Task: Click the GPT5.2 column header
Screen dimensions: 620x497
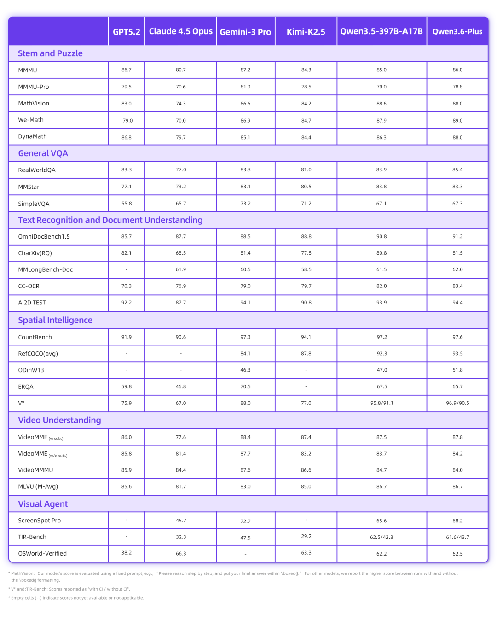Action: (x=127, y=32)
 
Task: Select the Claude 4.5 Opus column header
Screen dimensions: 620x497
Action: (x=181, y=31)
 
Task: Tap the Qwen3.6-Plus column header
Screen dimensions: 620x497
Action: (x=457, y=32)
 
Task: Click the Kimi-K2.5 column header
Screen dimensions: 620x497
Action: (x=306, y=32)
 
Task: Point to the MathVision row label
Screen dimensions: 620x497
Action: (x=34, y=104)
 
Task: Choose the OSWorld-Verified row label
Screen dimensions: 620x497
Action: (x=42, y=554)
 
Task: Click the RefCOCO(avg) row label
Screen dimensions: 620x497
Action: (x=38, y=354)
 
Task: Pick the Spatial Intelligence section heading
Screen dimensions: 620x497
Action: (x=55, y=320)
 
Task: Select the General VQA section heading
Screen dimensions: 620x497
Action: (x=43, y=153)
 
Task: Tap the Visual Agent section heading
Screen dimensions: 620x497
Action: (x=43, y=504)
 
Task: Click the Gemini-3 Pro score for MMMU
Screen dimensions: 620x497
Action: (x=245, y=70)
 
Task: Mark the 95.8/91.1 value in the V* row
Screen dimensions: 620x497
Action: (x=382, y=403)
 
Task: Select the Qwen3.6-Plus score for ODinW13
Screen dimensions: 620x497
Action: (x=457, y=370)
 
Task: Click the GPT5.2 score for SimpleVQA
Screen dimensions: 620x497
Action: (x=127, y=204)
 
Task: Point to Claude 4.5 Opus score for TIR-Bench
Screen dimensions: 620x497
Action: (x=181, y=537)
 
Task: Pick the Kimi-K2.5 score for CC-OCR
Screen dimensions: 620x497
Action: (x=306, y=286)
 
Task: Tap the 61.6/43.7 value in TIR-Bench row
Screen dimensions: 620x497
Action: (x=457, y=537)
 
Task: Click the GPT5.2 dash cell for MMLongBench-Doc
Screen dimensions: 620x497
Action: (x=127, y=270)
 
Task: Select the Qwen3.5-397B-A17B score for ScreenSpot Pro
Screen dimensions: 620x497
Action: (x=381, y=521)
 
